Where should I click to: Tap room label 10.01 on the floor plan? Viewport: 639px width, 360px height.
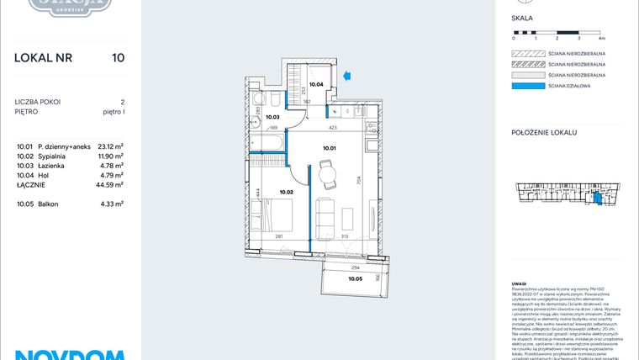click(330, 147)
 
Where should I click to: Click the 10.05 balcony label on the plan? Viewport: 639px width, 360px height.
click(356, 278)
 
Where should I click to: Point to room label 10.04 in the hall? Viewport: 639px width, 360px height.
click(316, 84)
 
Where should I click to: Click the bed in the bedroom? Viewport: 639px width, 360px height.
click(278, 221)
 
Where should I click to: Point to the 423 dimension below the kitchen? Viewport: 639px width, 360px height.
click(334, 129)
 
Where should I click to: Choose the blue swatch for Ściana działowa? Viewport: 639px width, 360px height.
click(528, 85)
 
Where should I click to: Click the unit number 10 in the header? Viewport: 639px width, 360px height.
click(118, 58)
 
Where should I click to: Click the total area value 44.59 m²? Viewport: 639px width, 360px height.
click(109, 183)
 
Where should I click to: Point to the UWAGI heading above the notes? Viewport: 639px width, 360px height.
click(520, 284)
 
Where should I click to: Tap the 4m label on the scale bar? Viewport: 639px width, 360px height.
click(601, 39)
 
